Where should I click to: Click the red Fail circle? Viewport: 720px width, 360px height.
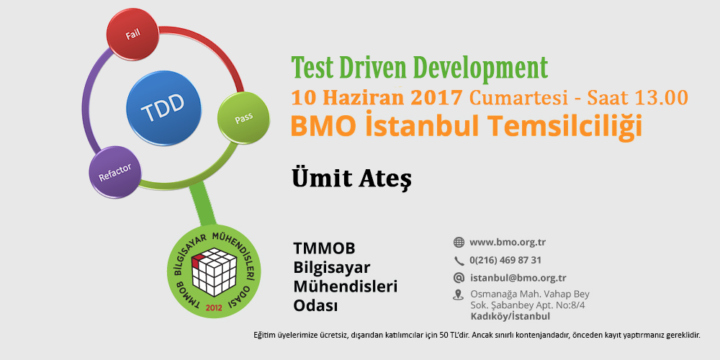point(133,34)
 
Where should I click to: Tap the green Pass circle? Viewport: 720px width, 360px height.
point(243,119)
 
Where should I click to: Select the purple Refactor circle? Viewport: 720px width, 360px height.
point(114,172)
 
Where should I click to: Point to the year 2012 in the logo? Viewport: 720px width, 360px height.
point(214,307)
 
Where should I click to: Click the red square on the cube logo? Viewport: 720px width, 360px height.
point(197,261)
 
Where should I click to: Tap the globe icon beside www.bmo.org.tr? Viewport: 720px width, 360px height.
point(459,243)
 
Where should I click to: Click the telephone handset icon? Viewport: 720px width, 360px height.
point(459,261)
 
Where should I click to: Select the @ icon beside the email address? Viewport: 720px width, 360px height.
point(459,278)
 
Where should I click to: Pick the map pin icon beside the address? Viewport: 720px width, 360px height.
point(458,294)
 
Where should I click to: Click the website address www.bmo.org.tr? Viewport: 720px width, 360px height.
point(508,243)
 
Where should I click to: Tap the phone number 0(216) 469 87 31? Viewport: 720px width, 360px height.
point(505,261)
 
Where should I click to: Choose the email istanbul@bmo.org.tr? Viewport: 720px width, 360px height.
point(518,278)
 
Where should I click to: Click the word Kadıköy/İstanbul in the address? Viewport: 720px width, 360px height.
point(510,316)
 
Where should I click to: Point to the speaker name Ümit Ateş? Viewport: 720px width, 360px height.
point(352,179)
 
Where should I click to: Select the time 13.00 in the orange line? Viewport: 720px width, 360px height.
point(662,97)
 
